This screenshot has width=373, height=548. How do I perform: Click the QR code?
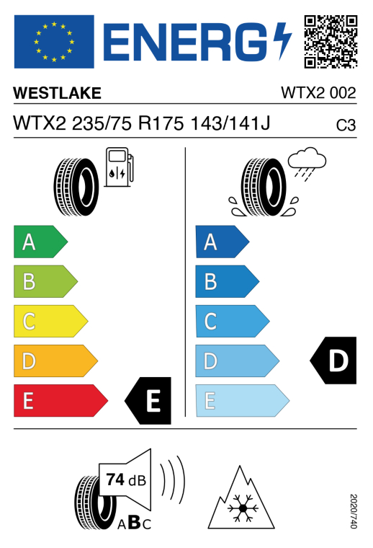coord(331,41)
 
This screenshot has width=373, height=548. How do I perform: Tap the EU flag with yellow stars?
coord(54,42)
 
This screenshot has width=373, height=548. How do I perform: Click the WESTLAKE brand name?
coord(57,93)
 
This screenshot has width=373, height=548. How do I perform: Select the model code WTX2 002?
coord(318,93)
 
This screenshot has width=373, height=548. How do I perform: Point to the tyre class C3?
coord(346,125)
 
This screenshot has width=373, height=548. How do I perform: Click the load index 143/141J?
coord(230,123)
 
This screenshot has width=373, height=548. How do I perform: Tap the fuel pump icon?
coord(119,167)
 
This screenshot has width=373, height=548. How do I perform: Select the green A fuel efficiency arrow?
coord(40,242)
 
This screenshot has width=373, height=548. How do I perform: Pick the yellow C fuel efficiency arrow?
coord(50,321)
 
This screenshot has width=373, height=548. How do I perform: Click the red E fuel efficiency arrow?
coord(60,400)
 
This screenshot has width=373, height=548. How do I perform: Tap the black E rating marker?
coord(148,400)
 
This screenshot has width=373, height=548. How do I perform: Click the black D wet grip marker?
coord(333,361)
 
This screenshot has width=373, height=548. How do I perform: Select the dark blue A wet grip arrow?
coord(223,242)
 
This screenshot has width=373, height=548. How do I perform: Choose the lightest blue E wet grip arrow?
coord(243,400)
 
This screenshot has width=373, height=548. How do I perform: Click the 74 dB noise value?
coord(126,480)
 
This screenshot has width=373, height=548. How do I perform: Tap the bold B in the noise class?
coord(135,523)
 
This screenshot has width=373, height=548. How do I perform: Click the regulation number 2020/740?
coord(353,511)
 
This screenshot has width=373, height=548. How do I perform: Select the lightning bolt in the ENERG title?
coord(282,41)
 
